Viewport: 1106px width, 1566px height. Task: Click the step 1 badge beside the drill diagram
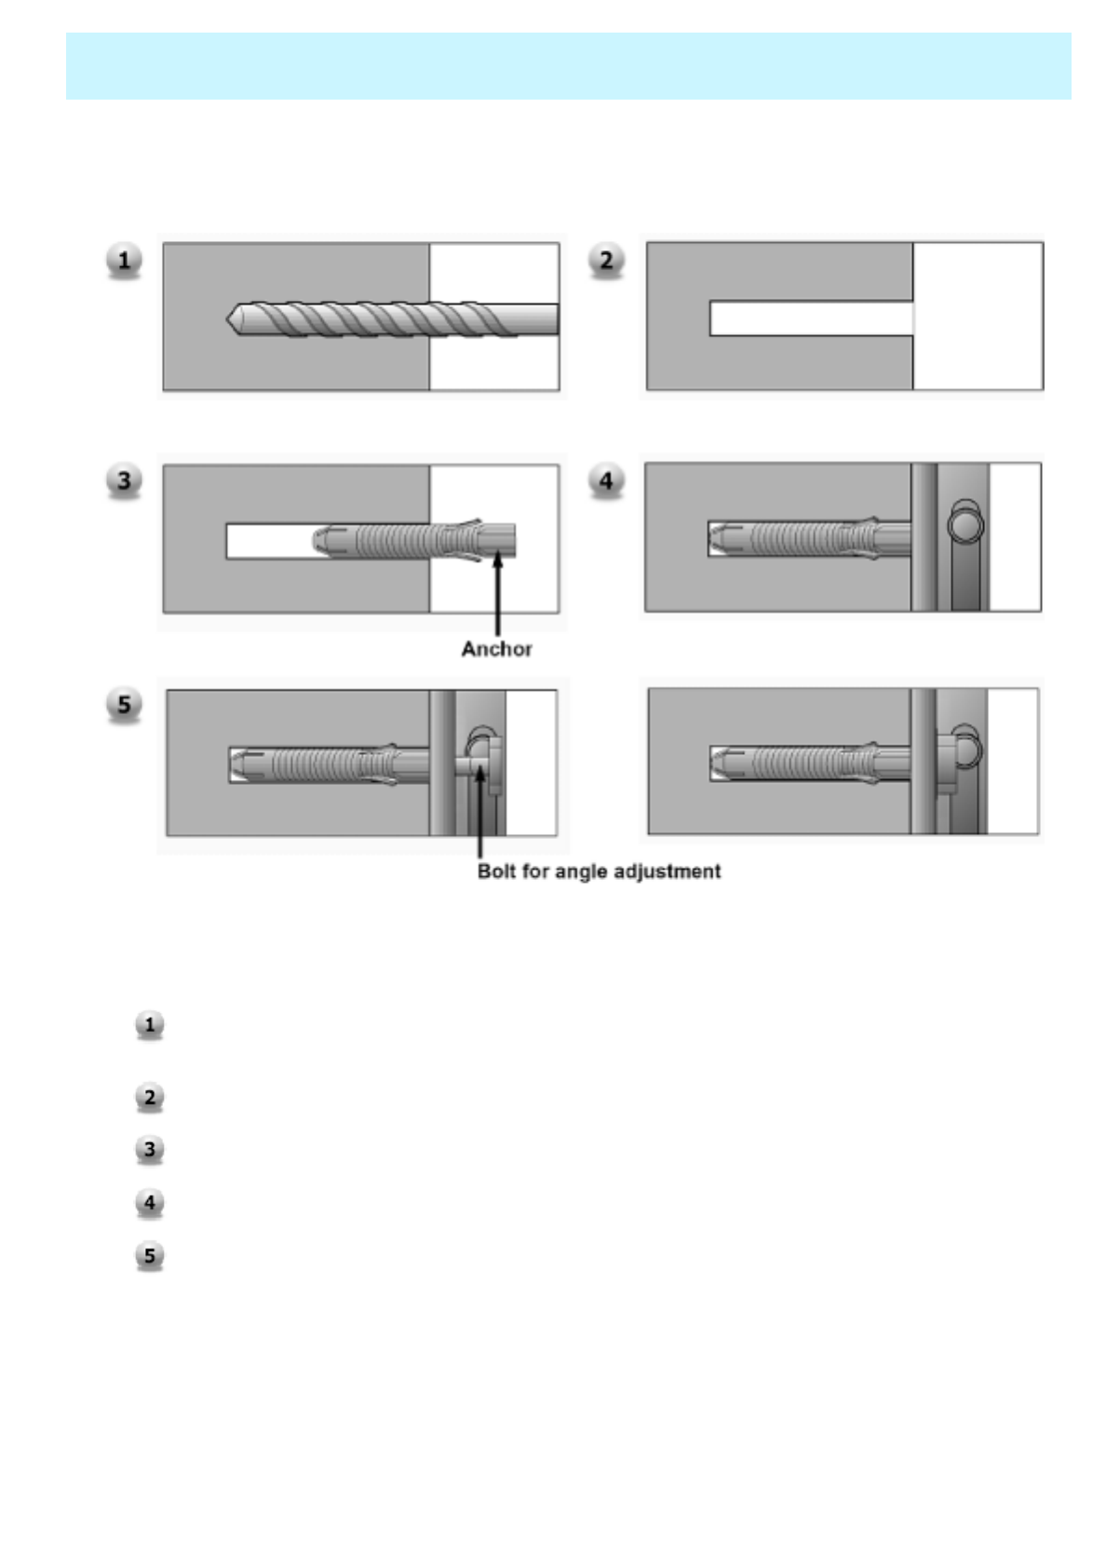point(124,260)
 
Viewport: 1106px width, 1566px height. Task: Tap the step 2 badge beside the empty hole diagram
point(606,260)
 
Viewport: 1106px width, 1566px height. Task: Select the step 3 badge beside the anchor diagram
point(124,480)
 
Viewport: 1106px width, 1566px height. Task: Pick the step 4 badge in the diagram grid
point(606,480)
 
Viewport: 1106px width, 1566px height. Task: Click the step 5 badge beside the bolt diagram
point(124,703)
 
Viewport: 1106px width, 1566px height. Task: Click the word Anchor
point(496,649)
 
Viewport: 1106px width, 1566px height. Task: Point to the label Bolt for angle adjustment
point(599,871)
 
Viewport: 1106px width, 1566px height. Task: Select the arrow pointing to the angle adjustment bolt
point(480,810)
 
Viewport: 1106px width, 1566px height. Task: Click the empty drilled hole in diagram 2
point(810,318)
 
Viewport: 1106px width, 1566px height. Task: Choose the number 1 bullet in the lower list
point(149,1025)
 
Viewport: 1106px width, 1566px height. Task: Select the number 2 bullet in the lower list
point(149,1097)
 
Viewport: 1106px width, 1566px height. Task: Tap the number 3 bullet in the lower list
point(149,1149)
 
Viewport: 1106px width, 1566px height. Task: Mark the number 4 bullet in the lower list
point(149,1202)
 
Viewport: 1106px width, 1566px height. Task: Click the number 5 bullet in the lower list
point(149,1255)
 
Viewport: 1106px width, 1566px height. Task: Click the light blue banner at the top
point(568,66)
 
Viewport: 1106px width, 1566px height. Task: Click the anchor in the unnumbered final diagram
point(801,763)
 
